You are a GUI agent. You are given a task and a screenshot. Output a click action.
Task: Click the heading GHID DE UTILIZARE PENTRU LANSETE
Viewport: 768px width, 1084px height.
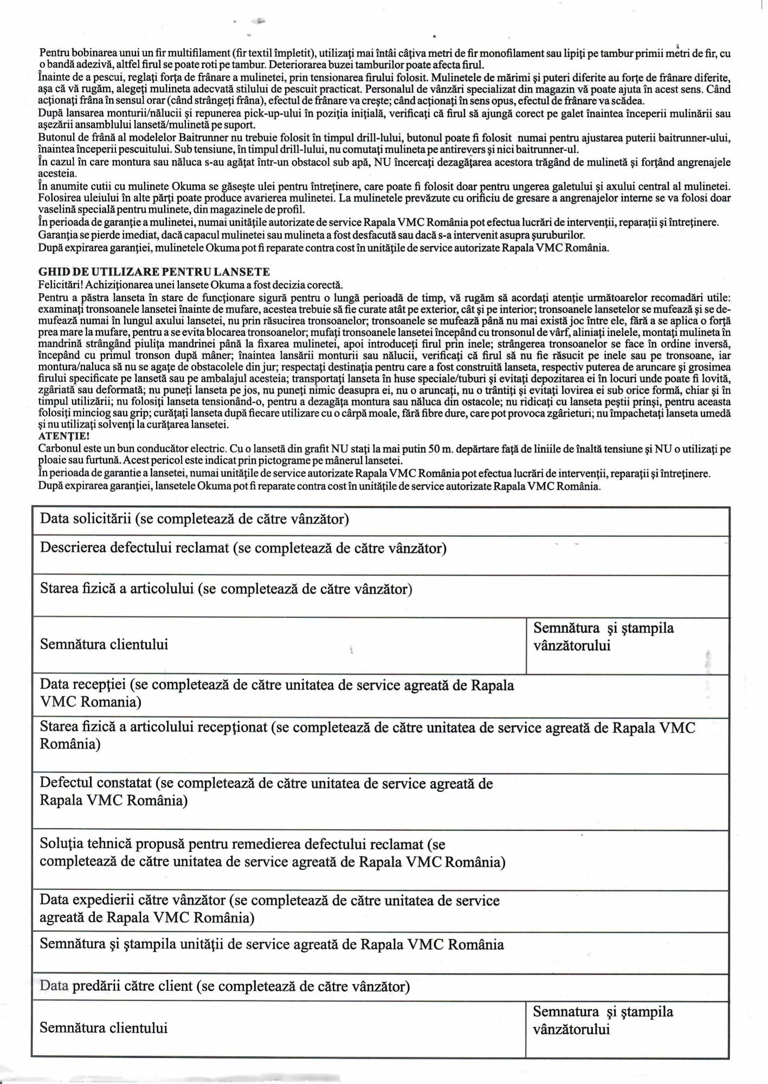pyautogui.click(x=154, y=271)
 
